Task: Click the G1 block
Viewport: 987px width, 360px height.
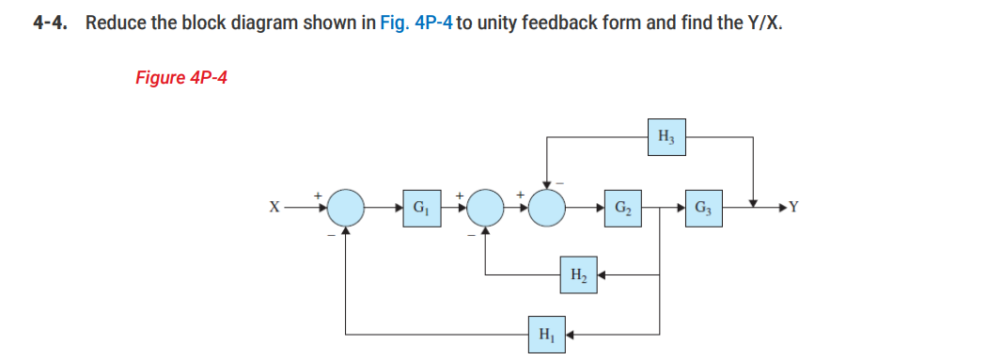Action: coord(418,206)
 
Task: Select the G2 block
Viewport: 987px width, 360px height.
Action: coord(622,206)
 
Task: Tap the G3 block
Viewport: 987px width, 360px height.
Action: coord(702,206)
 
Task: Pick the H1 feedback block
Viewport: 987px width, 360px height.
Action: coord(545,333)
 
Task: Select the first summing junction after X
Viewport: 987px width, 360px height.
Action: coord(346,206)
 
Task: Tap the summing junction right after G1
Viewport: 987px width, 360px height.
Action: coord(485,206)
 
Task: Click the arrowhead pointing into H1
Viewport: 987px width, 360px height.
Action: coord(571,333)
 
